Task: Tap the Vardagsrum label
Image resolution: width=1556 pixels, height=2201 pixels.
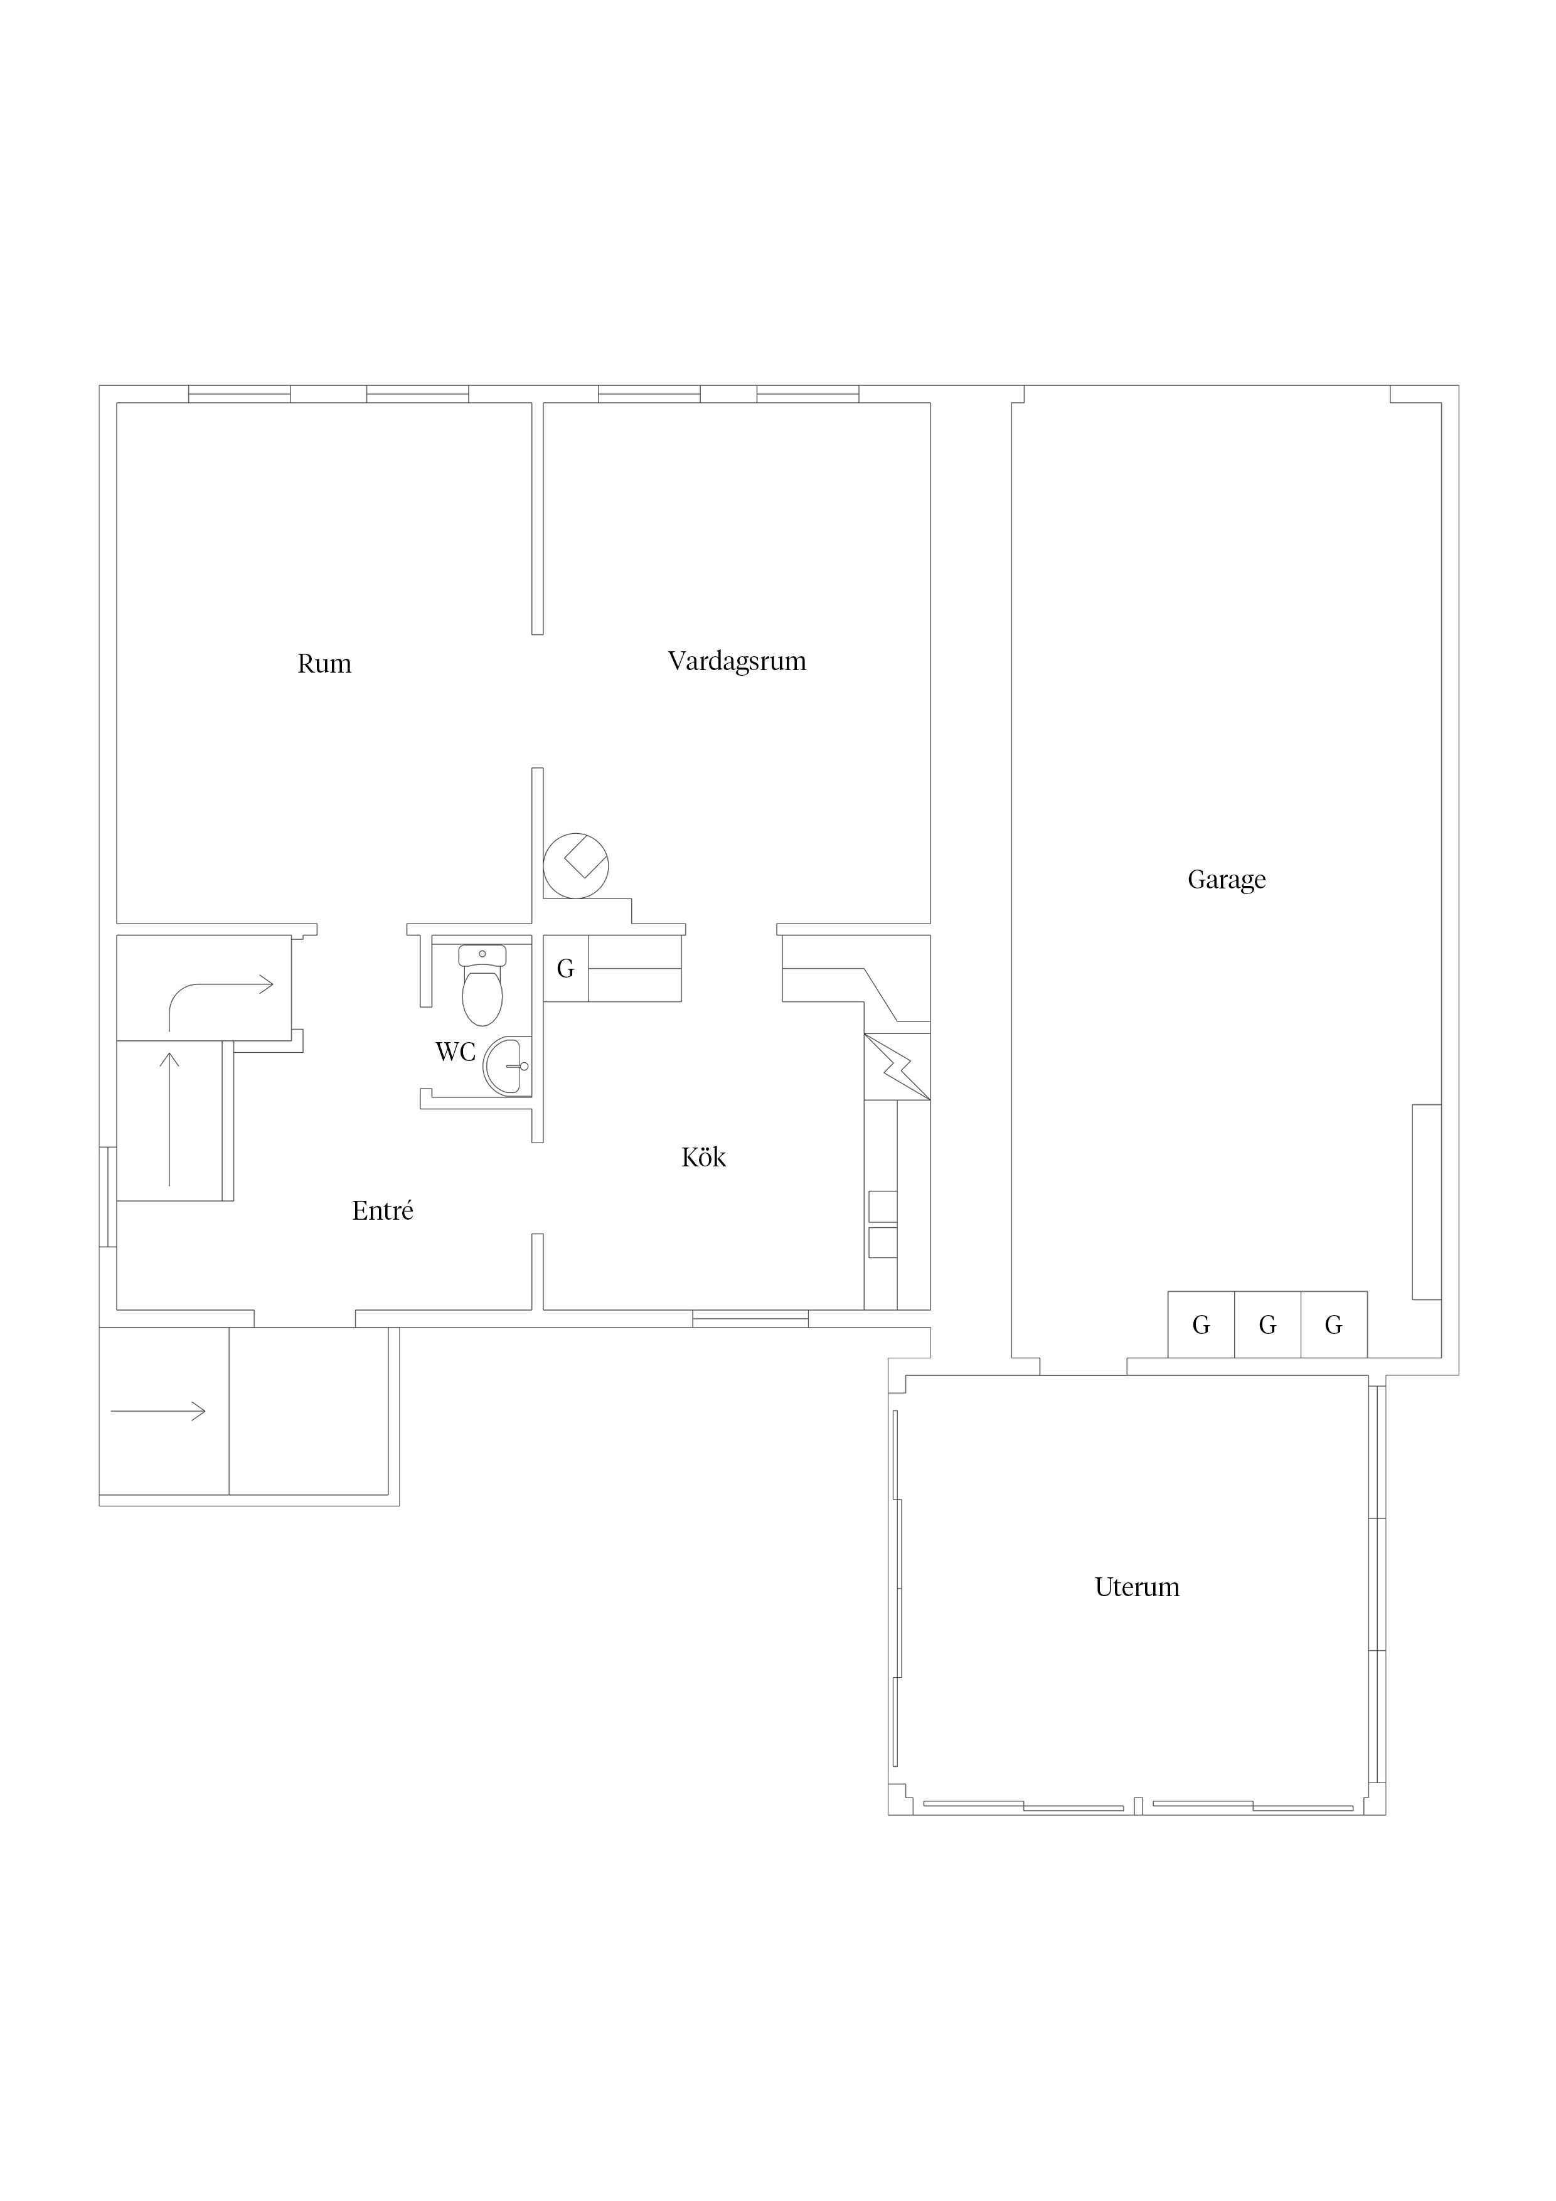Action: click(737, 661)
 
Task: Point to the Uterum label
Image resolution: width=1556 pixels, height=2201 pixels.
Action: click(1137, 1587)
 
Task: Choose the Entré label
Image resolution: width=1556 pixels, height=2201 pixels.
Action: click(383, 1211)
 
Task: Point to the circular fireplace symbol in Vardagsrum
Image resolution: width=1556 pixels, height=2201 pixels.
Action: click(576, 866)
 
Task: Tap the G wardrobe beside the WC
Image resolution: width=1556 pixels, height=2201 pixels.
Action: click(566, 968)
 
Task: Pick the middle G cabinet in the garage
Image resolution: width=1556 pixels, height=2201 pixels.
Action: click(1267, 1325)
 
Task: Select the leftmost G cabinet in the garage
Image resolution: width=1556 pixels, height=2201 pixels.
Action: click(1202, 1325)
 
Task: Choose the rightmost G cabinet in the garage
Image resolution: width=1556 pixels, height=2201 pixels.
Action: click(1333, 1325)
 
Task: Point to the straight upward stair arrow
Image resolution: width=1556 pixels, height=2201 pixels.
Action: click(169, 1119)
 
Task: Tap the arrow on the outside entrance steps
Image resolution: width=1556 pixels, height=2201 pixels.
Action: click(158, 1411)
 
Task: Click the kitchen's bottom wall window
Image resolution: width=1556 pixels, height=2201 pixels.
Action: click(750, 1319)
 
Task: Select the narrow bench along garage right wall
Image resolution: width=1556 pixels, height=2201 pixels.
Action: click(1427, 1202)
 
